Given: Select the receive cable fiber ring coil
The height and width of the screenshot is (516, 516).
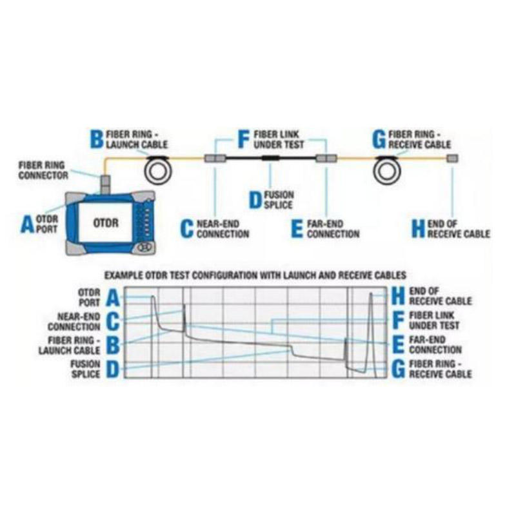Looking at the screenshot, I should coord(389,169).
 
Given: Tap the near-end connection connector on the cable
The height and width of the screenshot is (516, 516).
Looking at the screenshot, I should coord(214,158).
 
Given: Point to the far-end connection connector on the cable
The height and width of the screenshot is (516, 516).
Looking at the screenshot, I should coord(326,158).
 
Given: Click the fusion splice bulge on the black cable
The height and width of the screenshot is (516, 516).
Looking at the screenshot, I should coord(270,158).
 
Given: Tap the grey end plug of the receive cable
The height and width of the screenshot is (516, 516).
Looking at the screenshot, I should coord(453,158).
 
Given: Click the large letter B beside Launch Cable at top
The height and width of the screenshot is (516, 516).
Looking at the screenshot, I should coord(95,138).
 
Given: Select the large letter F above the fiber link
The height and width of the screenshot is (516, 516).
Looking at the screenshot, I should coord(243,138).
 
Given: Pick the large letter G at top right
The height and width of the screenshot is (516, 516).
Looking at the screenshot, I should coord(379,138).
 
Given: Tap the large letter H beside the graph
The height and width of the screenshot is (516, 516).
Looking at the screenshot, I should coord(398,296).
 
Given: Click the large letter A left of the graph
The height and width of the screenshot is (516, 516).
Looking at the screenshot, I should coord(112,297).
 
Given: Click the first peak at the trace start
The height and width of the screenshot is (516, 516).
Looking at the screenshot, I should coord(153,298).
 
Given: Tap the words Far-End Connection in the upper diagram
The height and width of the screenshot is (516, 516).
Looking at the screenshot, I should coord(333,228).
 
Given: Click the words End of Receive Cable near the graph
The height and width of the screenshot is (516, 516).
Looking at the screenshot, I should coord(440,296).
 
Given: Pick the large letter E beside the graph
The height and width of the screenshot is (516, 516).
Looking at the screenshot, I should coord(398,344).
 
